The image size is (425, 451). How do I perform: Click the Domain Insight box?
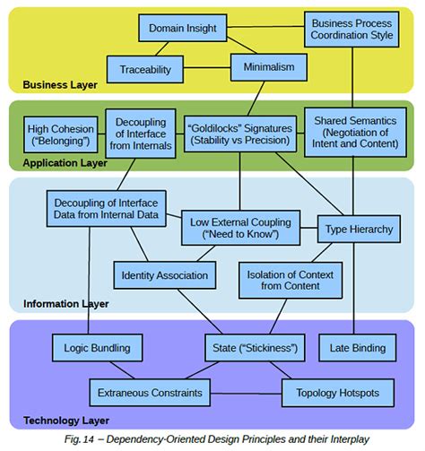pyautogui.click(x=182, y=29)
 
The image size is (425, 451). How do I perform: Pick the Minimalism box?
pyautogui.click(x=268, y=67)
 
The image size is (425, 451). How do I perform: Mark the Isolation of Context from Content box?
pyautogui.click(x=283, y=280)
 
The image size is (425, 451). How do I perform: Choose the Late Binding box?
pyautogui.click(x=357, y=347)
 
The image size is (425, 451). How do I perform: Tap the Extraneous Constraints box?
pyautogui.click(x=149, y=392)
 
